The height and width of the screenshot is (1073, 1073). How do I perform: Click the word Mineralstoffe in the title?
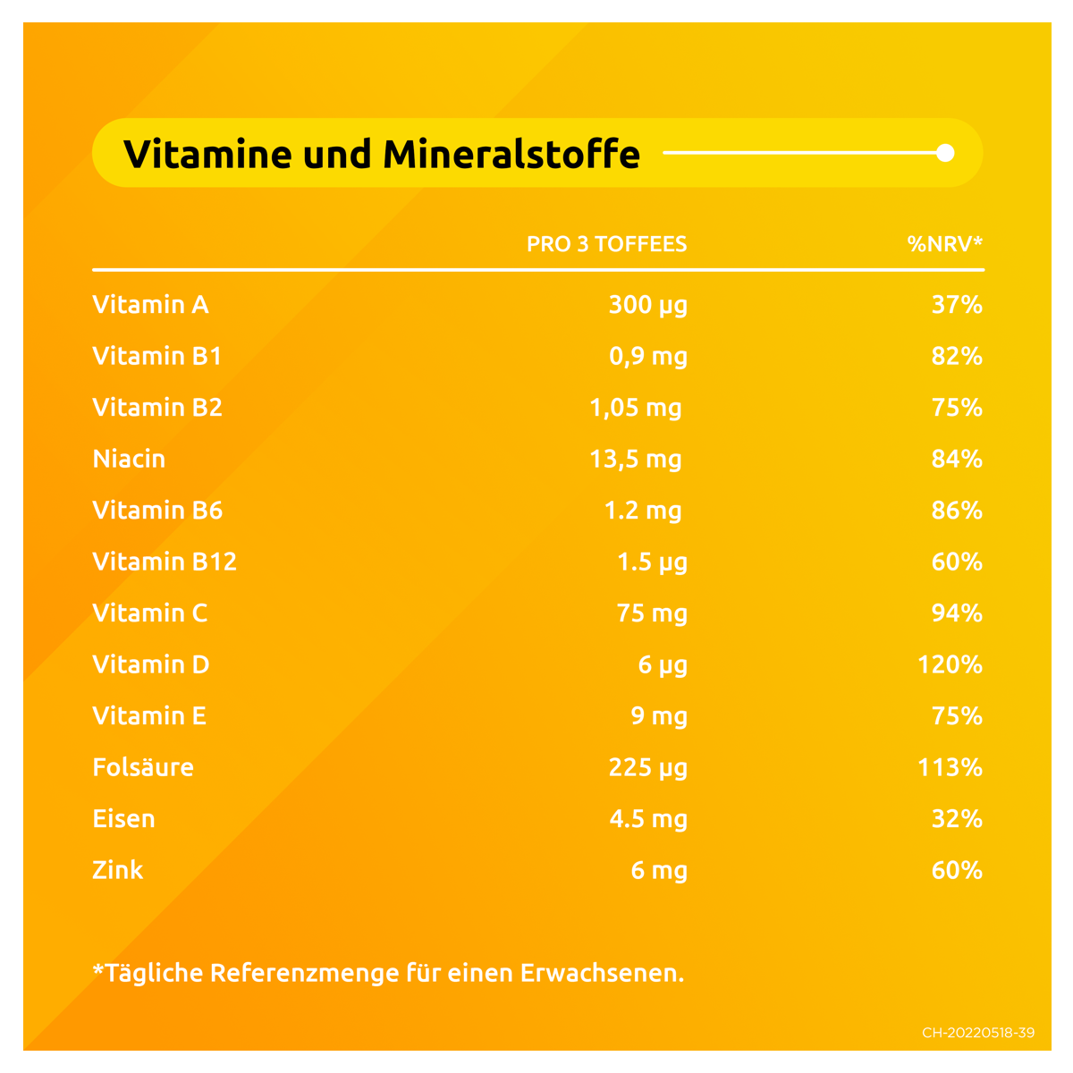pyautogui.click(x=511, y=154)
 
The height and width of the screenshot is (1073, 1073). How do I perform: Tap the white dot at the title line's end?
pyautogui.click(x=945, y=153)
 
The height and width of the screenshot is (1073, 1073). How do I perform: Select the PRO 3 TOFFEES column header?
pyautogui.click(x=606, y=244)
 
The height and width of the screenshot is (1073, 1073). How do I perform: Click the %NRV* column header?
pyautogui.click(x=944, y=244)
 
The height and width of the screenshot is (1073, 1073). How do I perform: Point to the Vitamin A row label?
pyautogui.click(x=150, y=305)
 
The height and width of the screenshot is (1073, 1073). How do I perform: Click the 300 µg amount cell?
pyautogui.click(x=647, y=305)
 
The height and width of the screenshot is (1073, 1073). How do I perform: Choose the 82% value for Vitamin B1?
pyautogui.click(x=957, y=356)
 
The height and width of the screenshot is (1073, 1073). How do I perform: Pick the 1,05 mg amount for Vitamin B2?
pyautogui.click(x=635, y=408)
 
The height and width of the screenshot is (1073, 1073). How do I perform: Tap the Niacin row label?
pyautogui.click(x=129, y=459)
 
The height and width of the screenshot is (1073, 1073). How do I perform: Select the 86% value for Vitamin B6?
pyautogui.click(x=957, y=511)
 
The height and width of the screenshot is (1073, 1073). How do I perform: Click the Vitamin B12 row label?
pyautogui.click(x=165, y=562)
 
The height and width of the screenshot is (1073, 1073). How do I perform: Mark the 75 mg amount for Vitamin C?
pyautogui.click(x=652, y=613)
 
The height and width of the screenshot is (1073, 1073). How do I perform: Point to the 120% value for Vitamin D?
pyautogui.click(x=950, y=664)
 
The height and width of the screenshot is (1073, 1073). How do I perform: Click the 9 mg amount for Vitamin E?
pyautogui.click(x=659, y=716)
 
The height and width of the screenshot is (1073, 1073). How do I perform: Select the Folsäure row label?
pyautogui.click(x=143, y=767)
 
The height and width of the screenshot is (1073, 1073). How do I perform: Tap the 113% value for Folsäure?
pyautogui.click(x=950, y=767)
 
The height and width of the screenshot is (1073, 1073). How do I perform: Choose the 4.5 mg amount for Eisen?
pyautogui.click(x=648, y=819)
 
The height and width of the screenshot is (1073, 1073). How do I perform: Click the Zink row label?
pyautogui.click(x=117, y=870)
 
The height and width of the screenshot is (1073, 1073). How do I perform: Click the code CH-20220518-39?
pyautogui.click(x=978, y=1033)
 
